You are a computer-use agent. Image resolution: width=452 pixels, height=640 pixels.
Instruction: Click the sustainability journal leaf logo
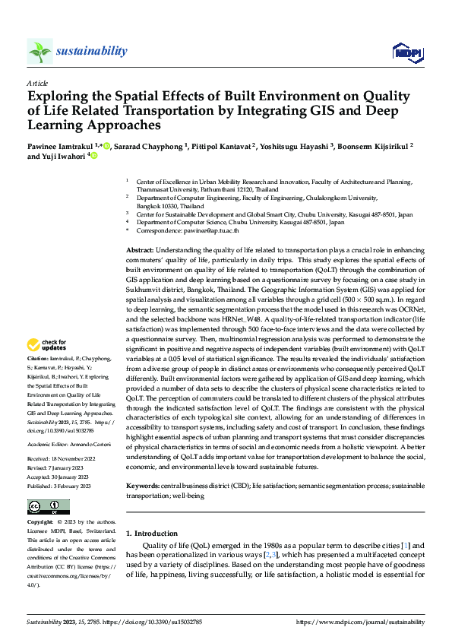click(x=40, y=52)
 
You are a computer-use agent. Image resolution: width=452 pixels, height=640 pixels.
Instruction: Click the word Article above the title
click(x=37, y=83)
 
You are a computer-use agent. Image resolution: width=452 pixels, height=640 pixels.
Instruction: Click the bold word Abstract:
click(x=141, y=250)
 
